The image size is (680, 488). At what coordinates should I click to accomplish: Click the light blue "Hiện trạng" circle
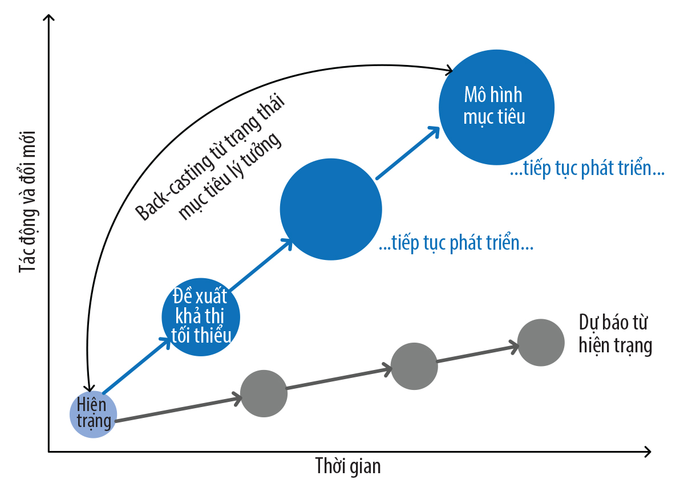[x=93, y=414]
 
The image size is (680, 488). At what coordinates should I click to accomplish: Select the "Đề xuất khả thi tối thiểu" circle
[x=201, y=317]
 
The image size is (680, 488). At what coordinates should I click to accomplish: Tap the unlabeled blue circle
[x=331, y=209]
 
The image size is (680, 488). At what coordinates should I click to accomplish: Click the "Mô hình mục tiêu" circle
[x=496, y=108]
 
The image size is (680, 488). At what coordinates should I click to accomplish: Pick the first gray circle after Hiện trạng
[x=264, y=393]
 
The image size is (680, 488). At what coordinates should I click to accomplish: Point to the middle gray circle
[x=414, y=366]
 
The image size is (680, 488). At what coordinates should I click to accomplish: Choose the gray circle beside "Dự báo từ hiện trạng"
[x=541, y=343]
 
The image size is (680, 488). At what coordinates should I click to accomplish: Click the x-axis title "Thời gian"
[x=348, y=466]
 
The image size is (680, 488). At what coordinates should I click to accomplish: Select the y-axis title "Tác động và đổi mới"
[x=27, y=201]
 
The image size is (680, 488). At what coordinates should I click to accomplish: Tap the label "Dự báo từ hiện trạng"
[x=616, y=334]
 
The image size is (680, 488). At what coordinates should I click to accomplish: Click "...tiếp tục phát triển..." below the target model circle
[x=587, y=169]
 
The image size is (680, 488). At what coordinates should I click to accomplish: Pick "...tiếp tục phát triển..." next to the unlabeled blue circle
[x=456, y=243]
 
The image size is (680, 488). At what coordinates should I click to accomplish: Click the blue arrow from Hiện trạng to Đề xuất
[x=137, y=365]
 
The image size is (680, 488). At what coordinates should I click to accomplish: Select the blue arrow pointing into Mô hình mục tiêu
[x=408, y=152]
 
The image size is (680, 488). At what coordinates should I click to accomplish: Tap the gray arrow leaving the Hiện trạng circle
[x=178, y=408]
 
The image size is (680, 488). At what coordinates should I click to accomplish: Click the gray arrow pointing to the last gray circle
[x=477, y=353]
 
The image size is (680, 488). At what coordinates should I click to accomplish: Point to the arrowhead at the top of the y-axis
[x=48, y=18]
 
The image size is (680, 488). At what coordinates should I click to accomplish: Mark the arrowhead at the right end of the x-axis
[x=647, y=452]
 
